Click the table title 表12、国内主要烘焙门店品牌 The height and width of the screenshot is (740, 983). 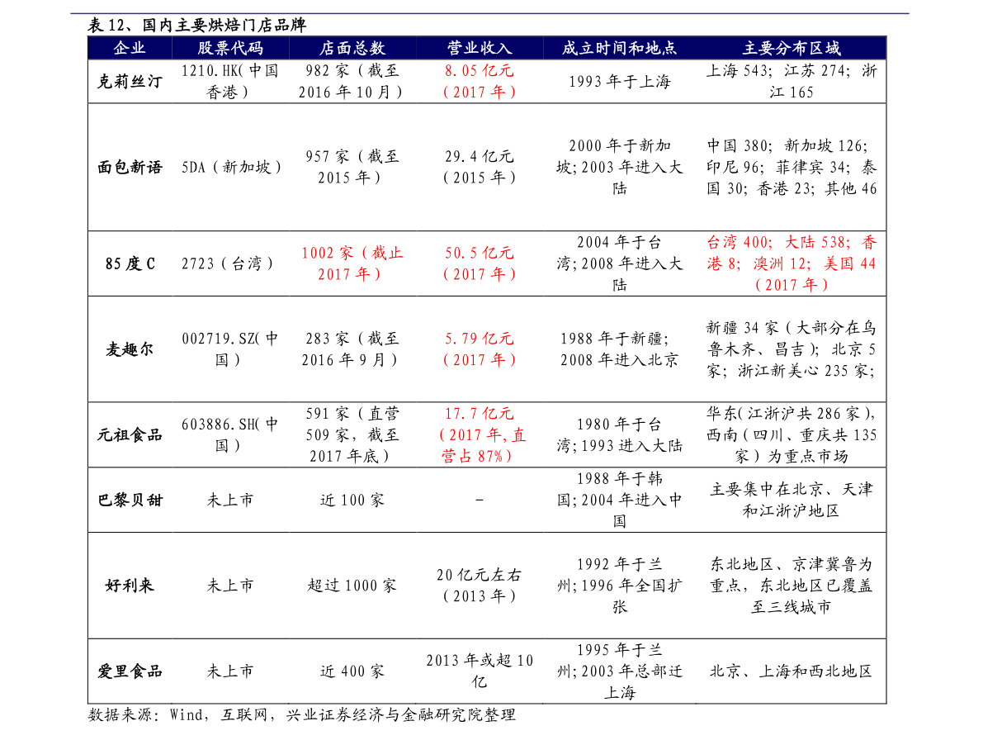pos(197,25)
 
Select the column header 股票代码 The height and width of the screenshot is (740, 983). pos(230,48)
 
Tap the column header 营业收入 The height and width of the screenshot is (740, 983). pos(480,48)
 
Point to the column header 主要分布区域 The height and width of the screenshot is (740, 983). pos(792,48)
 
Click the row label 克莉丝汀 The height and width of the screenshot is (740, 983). pos(130,82)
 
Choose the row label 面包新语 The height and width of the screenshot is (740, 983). pos(130,168)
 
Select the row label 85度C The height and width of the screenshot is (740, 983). pos(130,264)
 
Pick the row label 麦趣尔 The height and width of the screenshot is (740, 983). pos(130,349)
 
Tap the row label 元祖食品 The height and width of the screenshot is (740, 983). pos(130,434)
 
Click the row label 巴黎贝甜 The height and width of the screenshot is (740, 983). pos(130,500)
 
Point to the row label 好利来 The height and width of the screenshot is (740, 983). pos(130,586)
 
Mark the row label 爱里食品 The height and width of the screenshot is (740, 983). pos(130,671)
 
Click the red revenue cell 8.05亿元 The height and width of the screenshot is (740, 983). pos(480,71)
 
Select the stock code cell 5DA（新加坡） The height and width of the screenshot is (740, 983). pos(231,168)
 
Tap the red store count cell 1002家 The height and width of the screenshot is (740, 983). pos(327,253)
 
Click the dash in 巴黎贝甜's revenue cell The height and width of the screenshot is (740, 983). pos(480,500)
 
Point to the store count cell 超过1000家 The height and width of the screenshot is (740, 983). pos(352,586)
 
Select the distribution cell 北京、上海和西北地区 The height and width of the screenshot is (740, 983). pos(792,671)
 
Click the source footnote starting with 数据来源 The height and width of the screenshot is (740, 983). pos(301,715)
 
